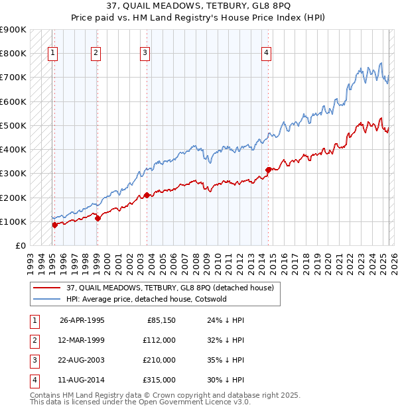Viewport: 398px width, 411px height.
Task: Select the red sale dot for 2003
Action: point(147,195)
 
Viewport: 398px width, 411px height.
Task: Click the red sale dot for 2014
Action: point(269,170)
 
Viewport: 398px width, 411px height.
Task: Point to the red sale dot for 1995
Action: point(54,225)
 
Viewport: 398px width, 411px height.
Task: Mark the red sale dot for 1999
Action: point(97,218)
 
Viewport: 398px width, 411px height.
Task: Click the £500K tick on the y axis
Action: point(13,125)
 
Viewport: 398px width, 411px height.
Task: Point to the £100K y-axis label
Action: point(13,221)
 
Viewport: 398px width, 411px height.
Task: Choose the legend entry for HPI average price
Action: point(147,299)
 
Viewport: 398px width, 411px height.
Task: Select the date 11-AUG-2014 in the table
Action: point(82,380)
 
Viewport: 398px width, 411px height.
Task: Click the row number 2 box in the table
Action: point(34,340)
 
